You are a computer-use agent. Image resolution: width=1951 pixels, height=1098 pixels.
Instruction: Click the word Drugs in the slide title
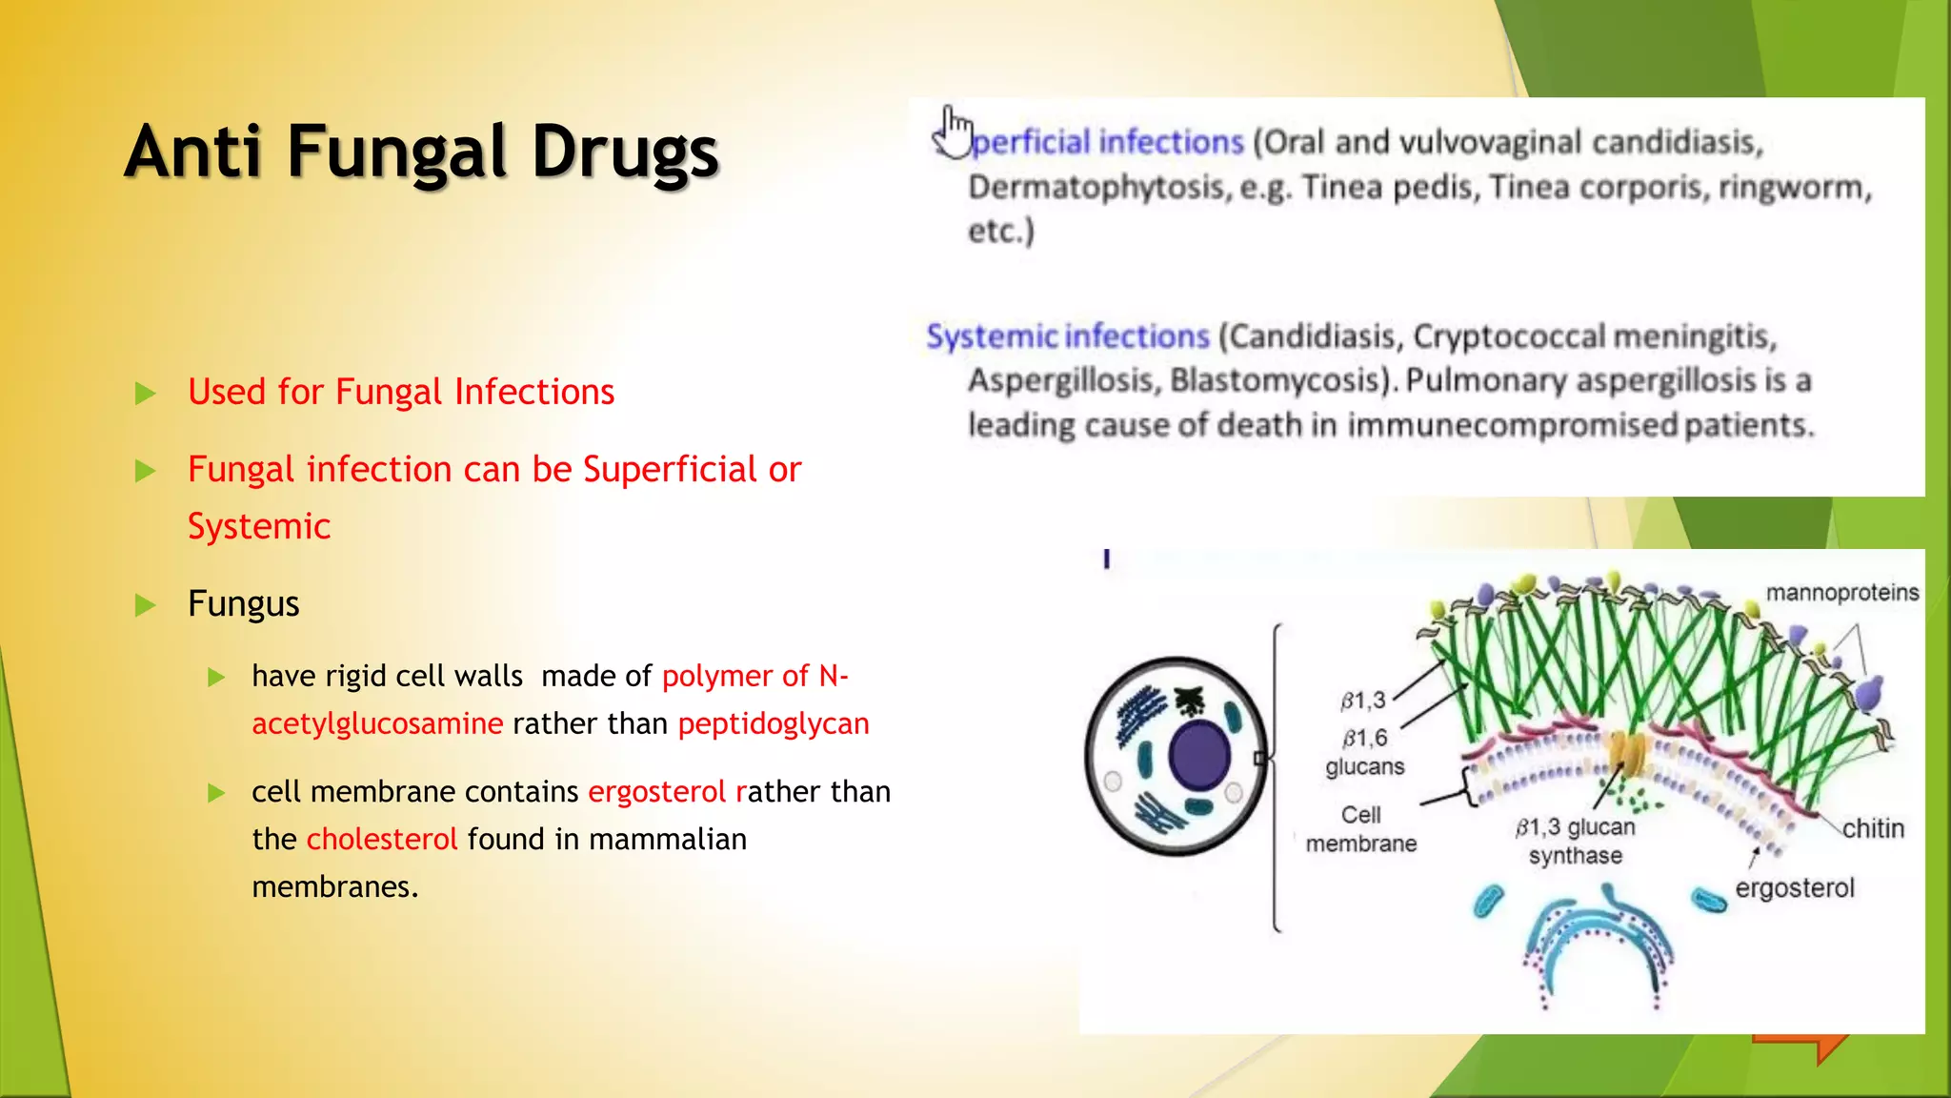pos(625,152)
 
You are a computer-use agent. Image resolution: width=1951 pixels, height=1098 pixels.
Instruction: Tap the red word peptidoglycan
pos(774,724)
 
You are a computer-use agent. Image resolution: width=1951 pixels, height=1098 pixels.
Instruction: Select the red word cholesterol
pos(382,840)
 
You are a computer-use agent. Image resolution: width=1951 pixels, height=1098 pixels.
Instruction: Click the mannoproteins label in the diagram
pos(1841,593)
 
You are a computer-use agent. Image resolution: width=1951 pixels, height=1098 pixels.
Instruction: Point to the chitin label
pos(1872,829)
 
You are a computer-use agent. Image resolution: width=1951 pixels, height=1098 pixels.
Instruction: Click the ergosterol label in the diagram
pos(1794,888)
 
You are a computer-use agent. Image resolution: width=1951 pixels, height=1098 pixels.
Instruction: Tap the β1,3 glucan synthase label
pos(1576,842)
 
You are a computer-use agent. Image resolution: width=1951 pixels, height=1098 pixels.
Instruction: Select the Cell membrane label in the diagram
pos(1360,829)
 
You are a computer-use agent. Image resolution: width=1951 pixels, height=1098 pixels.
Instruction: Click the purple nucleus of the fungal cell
pos(1199,755)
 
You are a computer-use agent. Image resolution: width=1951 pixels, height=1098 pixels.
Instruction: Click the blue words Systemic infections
pos(1067,336)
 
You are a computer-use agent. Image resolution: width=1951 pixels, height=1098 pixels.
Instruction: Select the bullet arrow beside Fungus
pos(146,604)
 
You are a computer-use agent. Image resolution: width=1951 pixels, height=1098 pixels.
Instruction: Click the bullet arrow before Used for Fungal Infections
pos(146,393)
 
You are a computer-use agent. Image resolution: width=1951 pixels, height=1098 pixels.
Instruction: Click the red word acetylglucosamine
pos(377,724)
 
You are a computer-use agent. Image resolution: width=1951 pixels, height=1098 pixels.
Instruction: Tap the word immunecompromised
pos(1512,425)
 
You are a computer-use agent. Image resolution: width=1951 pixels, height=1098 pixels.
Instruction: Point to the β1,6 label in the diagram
pos(1364,739)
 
